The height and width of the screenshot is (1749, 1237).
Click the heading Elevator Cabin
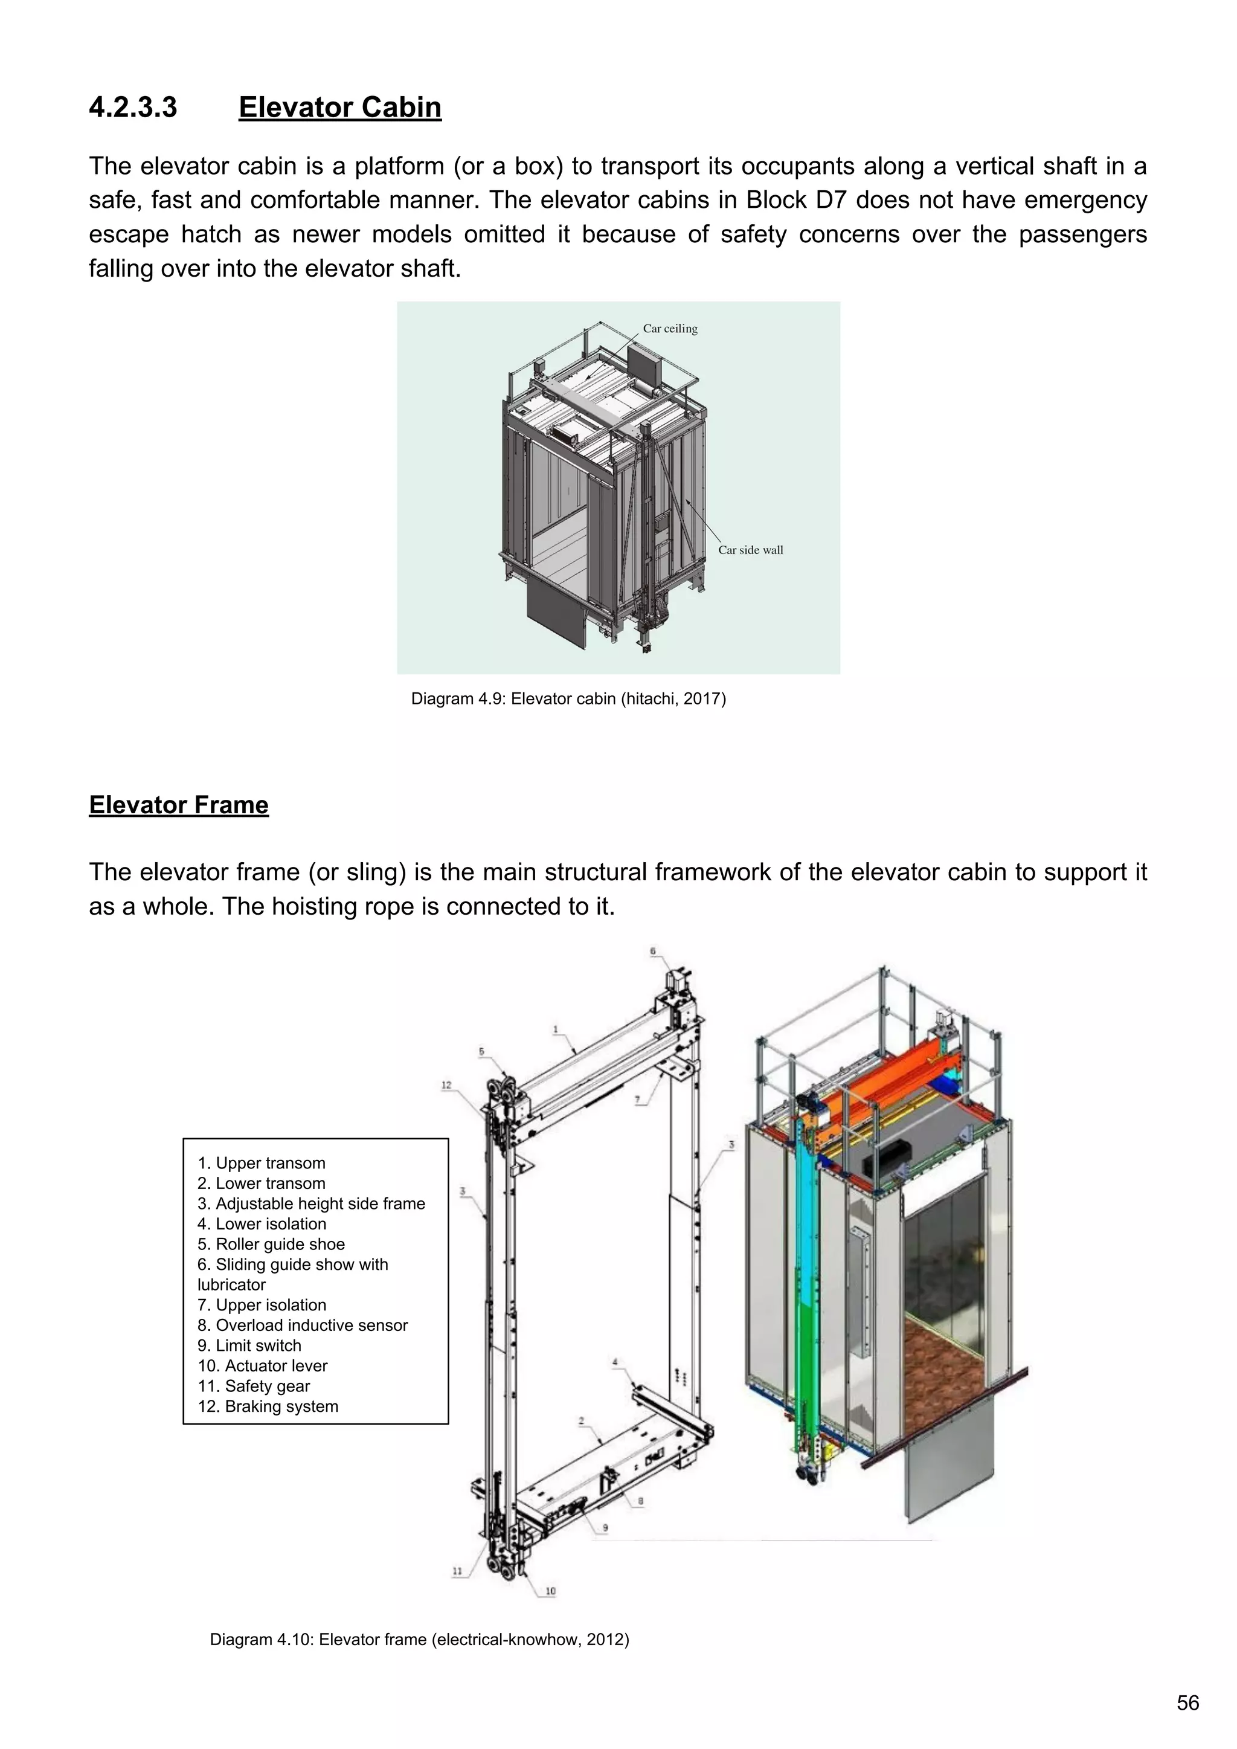pos(339,108)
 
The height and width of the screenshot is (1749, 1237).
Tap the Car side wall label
pos(750,550)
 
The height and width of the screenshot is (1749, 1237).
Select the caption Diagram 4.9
pos(568,698)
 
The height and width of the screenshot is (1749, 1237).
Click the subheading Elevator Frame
pos(178,805)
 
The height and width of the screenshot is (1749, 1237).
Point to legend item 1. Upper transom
pos(262,1163)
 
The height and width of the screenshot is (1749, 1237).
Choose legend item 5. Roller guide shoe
pos(271,1244)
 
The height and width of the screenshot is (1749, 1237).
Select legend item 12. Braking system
pos(268,1406)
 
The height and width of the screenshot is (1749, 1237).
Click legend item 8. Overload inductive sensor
pos(303,1325)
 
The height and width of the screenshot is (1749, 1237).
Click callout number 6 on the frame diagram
pos(653,952)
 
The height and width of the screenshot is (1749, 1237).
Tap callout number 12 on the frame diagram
pos(446,1085)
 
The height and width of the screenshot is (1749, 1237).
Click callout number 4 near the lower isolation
pos(615,1362)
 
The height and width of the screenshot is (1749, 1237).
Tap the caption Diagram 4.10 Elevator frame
pos(419,1639)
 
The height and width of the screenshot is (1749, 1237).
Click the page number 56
pos(1187,1702)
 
